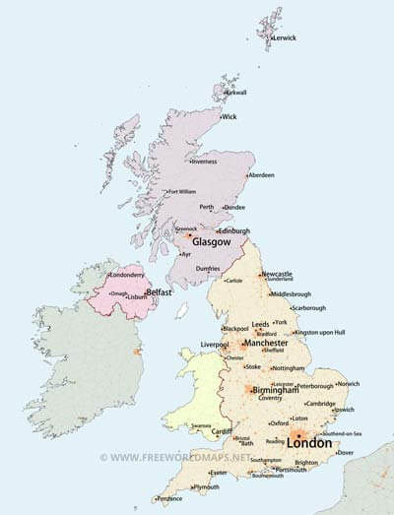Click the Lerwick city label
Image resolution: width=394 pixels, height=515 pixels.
click(x=286, y=37)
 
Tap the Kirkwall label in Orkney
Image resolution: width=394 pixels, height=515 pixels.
click(x=236, y=93)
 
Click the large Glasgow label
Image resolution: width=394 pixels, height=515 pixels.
click(x=212, y=241)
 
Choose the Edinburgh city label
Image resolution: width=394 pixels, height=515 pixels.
click(x=234, y=230)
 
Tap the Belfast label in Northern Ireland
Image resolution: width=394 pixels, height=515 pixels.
click(x=160, y=292)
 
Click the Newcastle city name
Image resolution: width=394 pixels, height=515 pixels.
click(x=277, y=273)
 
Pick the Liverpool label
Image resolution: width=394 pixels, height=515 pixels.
click(x=215, y=345)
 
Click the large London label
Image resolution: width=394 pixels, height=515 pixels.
click(x=309, y=442)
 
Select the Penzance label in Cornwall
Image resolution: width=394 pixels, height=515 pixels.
click(x=169, y=498)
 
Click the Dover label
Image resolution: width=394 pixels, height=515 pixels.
click(x=346, y=453)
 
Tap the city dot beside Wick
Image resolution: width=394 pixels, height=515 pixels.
click(x=219, y=116)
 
